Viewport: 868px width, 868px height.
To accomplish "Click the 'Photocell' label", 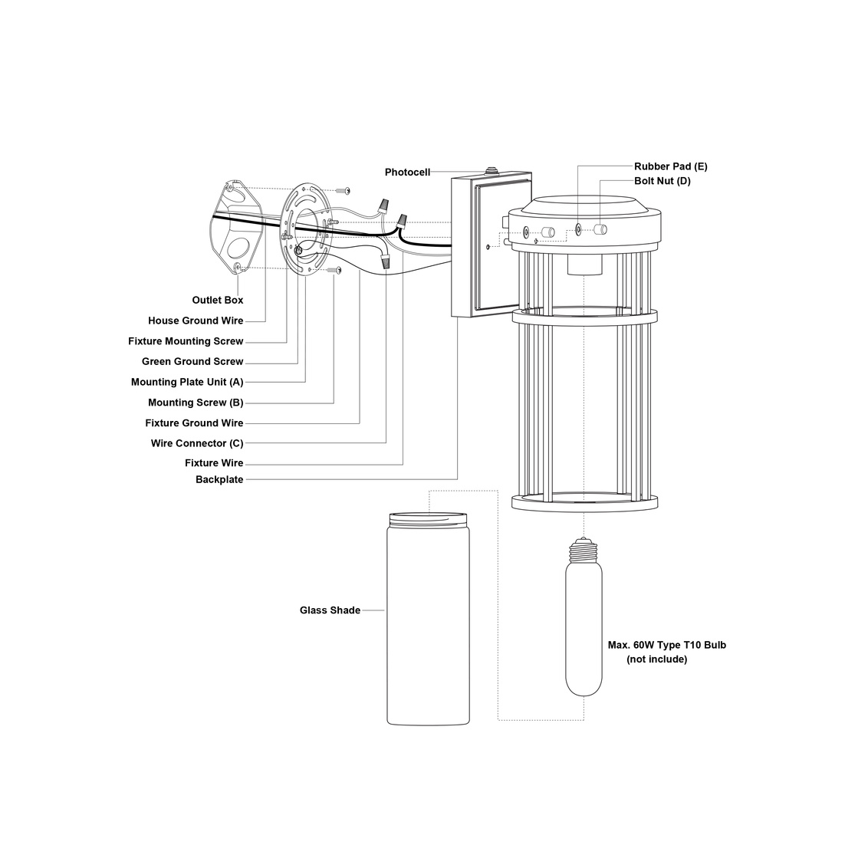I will (x=407, y=173).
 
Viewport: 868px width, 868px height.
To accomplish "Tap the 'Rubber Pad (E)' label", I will (x=670, y=166).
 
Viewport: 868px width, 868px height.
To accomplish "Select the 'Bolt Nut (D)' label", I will (x=662, y=181).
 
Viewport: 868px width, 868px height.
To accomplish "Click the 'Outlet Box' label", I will (x=218, y=301).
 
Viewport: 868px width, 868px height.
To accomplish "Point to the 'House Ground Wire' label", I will (x=196, y=321).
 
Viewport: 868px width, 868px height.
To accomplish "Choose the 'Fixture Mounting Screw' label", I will (x=186, y=341).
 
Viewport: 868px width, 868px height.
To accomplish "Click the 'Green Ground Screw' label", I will (x=192, y=362).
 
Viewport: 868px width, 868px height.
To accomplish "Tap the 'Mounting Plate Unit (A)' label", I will (x=187, y=382).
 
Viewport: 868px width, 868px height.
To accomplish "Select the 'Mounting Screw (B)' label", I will (x=196, y=403).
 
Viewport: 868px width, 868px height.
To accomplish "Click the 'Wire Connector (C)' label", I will (x=197, y=443).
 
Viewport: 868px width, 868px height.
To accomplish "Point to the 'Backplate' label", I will (x=219, y=480).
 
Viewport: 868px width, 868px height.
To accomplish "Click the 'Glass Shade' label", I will (x=330, y=610).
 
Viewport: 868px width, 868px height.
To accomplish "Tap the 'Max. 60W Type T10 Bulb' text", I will (x=666, y=645).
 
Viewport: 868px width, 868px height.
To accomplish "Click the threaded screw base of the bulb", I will (x=584, y=547).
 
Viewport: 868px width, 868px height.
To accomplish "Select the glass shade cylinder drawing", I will (x=428, y=621).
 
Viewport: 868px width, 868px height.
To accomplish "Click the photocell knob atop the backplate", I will (x=490, y=169).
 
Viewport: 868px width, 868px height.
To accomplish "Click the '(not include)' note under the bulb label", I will (x=656, y=659).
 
